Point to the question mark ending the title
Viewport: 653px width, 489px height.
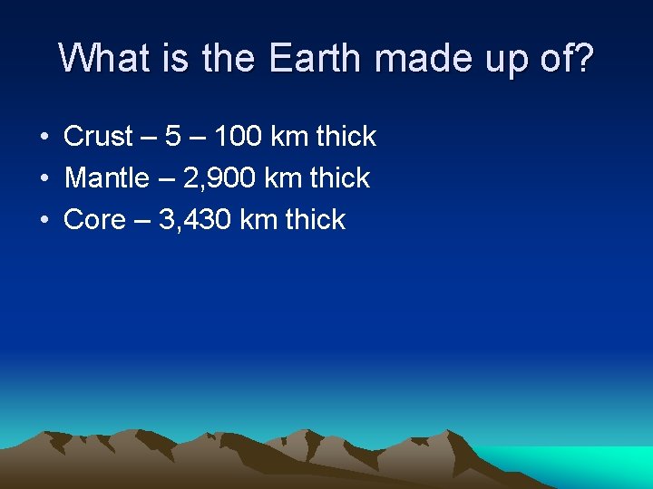point(584,58)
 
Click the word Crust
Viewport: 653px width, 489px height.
point(99,137)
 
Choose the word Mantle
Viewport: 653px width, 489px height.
point(107,178)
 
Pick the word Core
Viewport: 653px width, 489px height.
point(94,220)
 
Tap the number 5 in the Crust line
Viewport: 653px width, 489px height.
point(172,137)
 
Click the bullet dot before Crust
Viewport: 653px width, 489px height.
point(44,138)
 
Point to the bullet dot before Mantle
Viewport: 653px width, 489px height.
point(44,179)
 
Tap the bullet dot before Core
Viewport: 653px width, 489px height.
point(44,221)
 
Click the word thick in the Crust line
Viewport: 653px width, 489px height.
point(345,137)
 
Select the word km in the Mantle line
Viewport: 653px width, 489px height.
point(283,178)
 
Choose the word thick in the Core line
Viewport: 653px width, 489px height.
point(315,220)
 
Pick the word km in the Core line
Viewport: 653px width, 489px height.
point(258,220)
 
